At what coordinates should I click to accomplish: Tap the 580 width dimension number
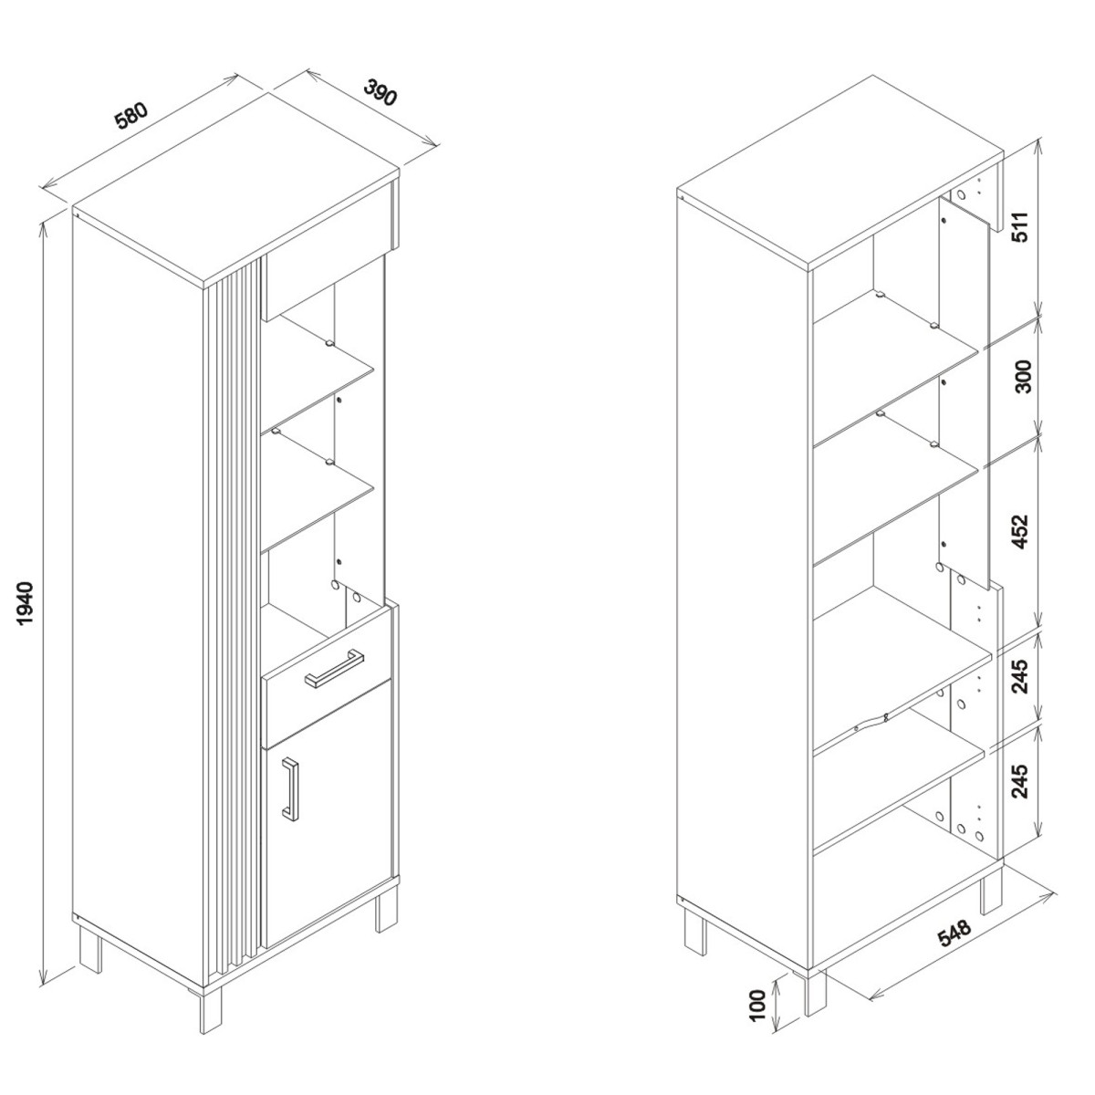click(131, 116)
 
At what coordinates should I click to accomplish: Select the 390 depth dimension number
click(380, 92)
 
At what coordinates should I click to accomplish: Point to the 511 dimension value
click(1021, 226)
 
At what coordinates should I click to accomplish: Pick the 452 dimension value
click(1021, 531)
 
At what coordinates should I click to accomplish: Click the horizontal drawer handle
click(334, 668)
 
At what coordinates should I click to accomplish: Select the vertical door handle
click(290, 790)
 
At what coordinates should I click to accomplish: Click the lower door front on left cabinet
click(328, 841)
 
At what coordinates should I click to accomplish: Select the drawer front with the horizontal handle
click(327, 677)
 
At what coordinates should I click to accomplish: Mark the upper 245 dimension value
click(1021, 677)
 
